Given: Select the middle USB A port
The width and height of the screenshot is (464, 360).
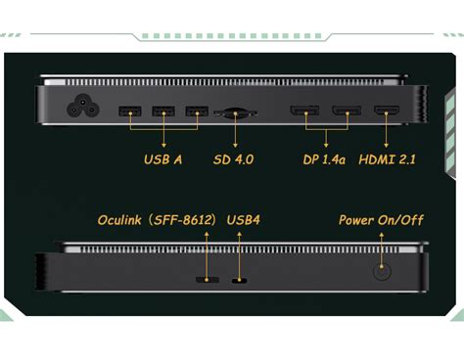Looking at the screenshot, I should point(163,111).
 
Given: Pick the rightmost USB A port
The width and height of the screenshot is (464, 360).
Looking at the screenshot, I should point(196,111).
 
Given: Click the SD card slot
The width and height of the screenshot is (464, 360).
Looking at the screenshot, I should point(235,112).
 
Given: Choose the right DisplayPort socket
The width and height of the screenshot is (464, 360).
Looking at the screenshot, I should point(346,111).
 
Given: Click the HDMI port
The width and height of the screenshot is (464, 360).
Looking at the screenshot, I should point(387,111).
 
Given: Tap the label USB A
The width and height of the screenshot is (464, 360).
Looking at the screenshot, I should point(163,158).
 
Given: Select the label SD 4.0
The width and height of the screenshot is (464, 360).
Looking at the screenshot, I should point(234,158).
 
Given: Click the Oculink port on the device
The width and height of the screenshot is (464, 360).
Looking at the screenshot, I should point(208,280).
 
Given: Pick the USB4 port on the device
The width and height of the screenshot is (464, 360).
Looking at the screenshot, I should point(239,281).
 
